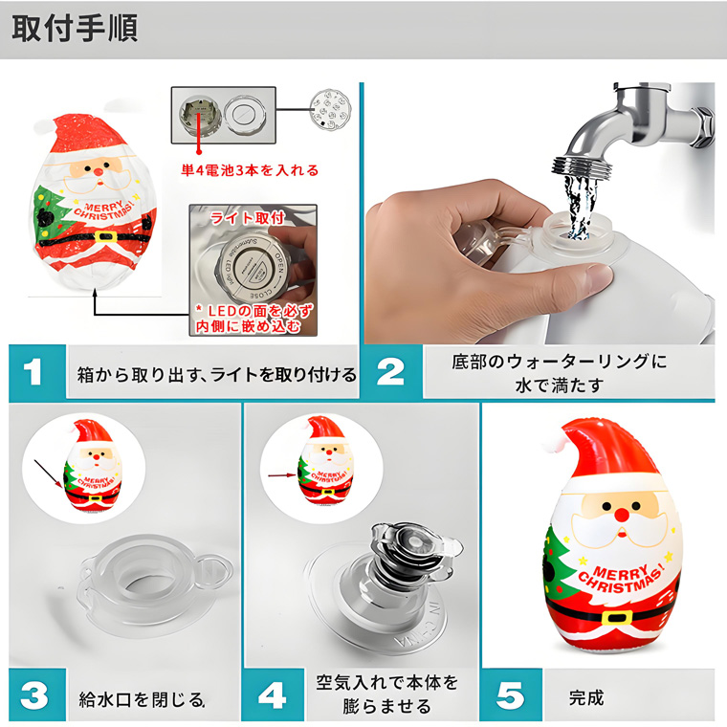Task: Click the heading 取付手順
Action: tap(76, 29)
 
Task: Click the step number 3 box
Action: tap(33, 695)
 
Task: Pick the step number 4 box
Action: tap(270, 695)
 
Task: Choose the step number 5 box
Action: tap(508, 695)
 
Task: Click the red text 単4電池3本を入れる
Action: tap(250, 171)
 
